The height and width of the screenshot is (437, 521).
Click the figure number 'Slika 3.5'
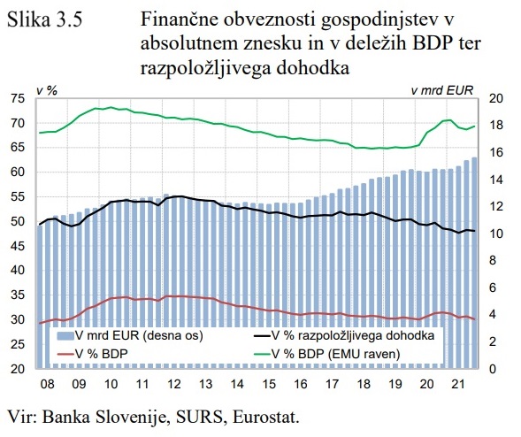click(45, 21)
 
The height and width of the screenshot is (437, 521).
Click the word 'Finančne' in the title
click(178, 21)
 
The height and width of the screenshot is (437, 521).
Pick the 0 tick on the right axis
click(494, 369)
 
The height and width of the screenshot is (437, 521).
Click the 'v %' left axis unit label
click(46, 89)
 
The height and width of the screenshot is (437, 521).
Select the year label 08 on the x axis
click(47, 386)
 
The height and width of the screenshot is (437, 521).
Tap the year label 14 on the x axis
click(236, 386)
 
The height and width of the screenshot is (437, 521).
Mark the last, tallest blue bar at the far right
click(474, 265)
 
